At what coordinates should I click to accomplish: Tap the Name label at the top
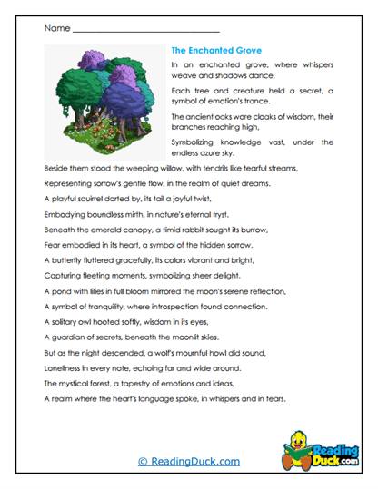click(55, 28)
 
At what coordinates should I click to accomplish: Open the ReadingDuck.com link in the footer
click(188, 462)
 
